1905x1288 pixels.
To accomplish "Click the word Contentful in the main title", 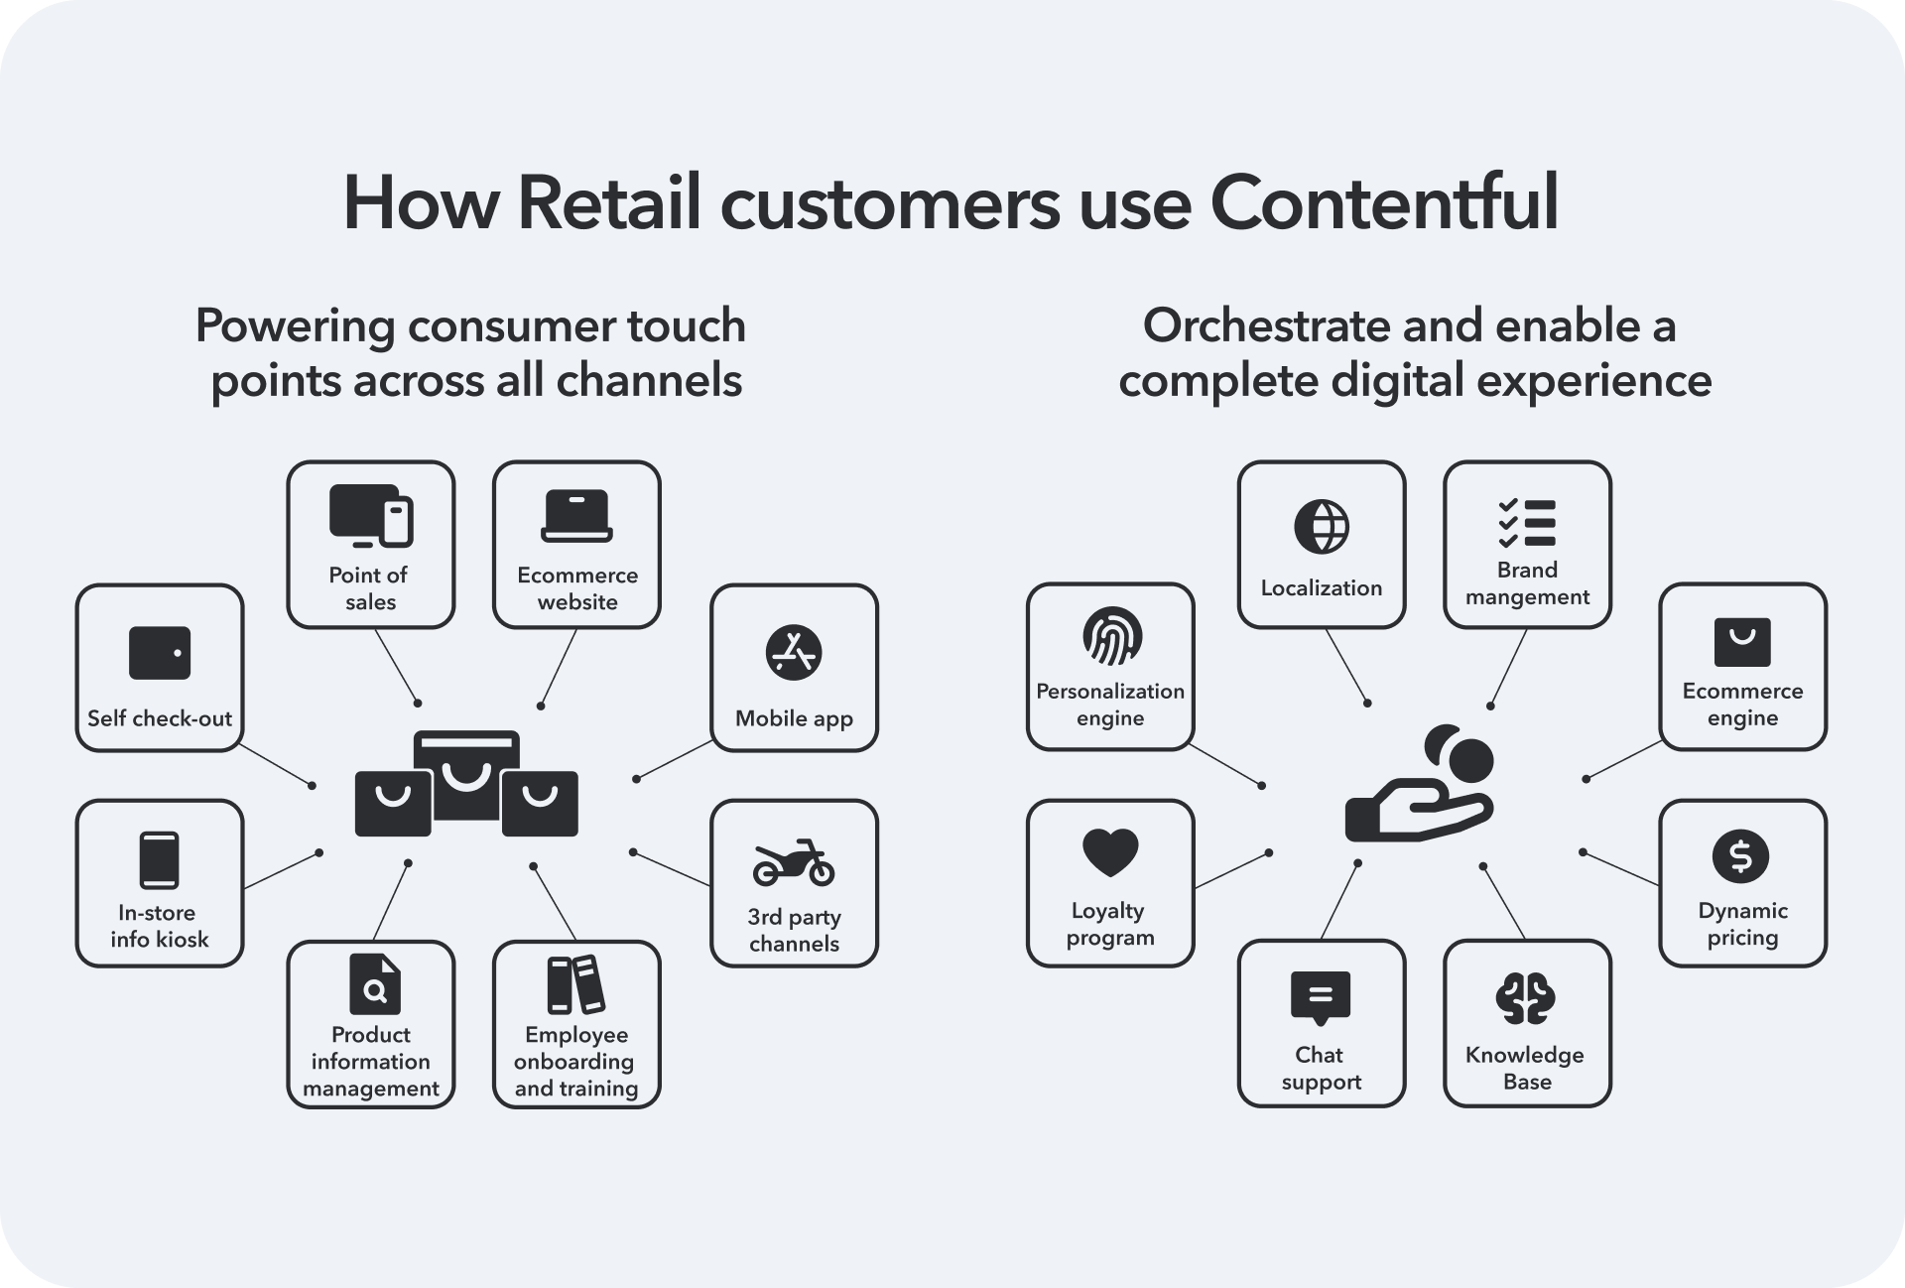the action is [x=1383, y=202].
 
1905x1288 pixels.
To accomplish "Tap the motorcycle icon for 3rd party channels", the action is [x=794, y=862].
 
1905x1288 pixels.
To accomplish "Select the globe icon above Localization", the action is [x=1321, y=526].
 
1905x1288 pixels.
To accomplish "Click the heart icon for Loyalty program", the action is [x=1110, y=852].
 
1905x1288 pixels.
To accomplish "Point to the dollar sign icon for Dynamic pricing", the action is [x=1740, y=855].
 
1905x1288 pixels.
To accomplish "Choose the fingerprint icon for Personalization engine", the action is [x=1111, y=636].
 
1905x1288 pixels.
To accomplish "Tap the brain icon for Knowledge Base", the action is [x=1525, y=998].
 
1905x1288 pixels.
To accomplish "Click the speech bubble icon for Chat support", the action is [x=1321, y=996].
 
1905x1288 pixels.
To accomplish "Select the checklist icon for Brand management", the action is [x=1526, y=523].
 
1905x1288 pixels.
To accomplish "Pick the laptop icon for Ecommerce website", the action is [x=576, y=517].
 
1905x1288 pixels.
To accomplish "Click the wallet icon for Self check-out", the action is [x=160, y=653].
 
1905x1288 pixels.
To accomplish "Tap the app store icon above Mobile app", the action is [x=794, y=653].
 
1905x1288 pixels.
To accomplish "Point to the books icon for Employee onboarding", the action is [x=575, y=984].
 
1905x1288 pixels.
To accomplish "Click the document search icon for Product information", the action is [x=374, y=984].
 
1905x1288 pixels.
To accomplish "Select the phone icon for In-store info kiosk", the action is [x=160, y=859].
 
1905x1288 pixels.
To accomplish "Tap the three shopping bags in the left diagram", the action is [x=466, y=784].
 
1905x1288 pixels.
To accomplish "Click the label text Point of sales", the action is [x=370, y=588].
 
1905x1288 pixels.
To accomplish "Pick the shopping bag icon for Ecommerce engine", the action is [x=1742, y=642].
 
